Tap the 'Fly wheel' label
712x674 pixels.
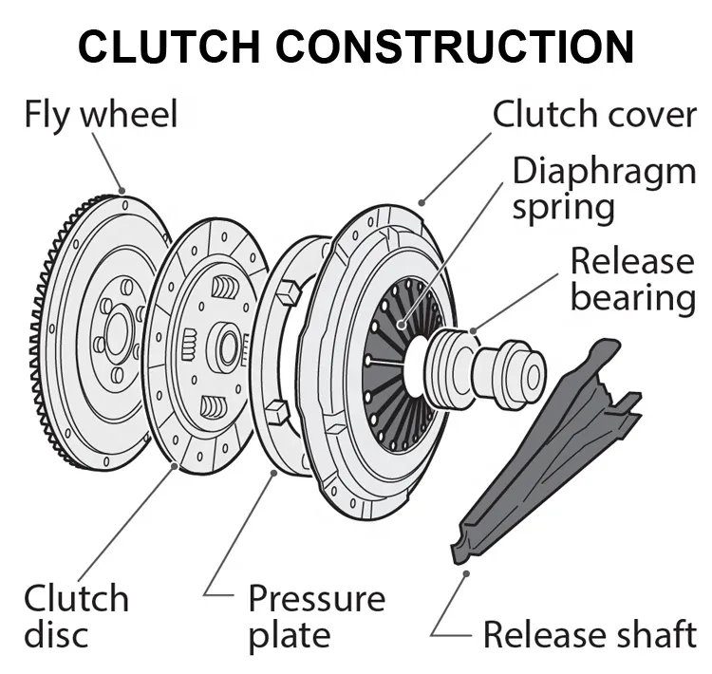[101, 115]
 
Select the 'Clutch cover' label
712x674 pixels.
[594, 115]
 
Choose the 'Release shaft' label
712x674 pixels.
[590, 634]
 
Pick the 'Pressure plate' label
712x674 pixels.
[317, 616]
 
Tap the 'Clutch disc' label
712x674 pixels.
[76, 616]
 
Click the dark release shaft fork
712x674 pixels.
[551, 446]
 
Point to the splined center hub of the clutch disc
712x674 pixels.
[227, 347]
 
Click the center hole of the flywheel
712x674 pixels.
[118, 332]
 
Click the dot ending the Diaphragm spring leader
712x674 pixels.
[403, 325]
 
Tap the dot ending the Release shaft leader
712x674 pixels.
[465, 571]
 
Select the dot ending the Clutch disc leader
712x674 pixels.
[176, 466]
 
